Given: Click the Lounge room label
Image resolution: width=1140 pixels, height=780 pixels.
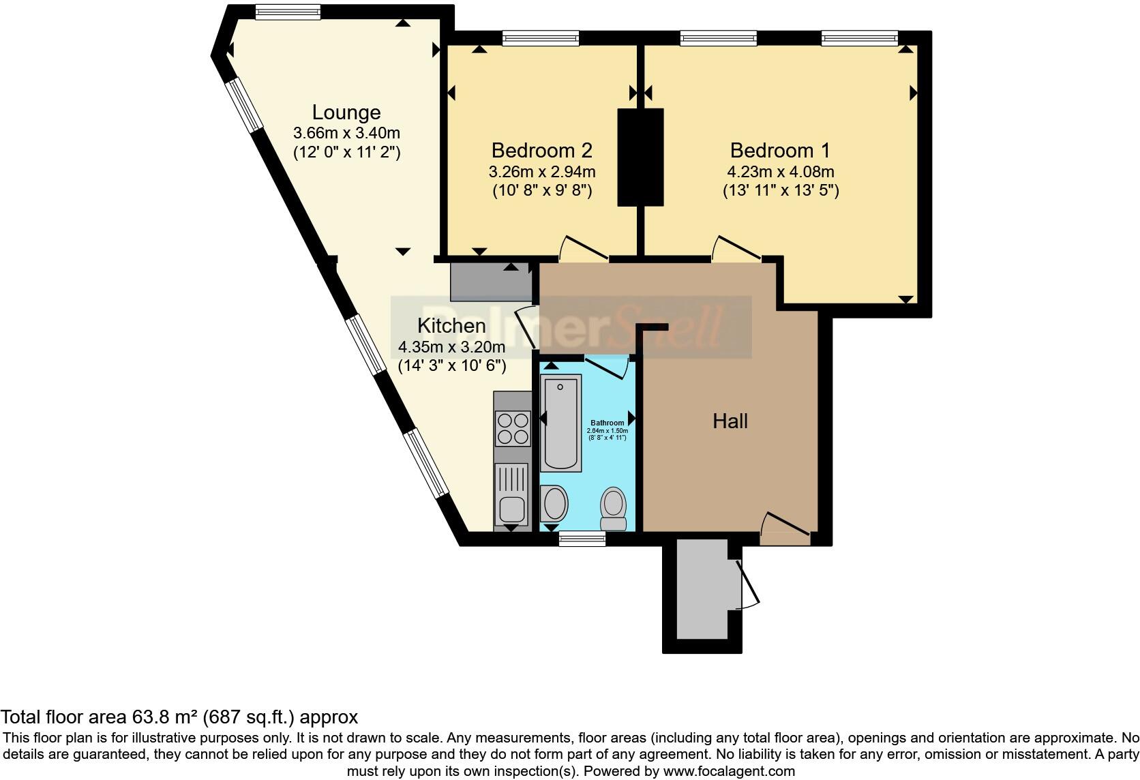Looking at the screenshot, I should [x=346, y=112].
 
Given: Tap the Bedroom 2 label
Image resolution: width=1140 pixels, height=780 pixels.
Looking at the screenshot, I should [x=541, y=150].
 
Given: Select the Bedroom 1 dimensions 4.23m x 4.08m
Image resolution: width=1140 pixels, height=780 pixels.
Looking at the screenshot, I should [x=781, y=172].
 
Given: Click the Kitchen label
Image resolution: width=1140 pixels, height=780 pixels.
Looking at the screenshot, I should [x=451, y=326].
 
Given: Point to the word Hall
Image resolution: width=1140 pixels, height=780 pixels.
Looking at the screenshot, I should [x=730, y=421].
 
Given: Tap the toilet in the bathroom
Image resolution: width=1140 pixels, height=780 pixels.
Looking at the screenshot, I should [x=614, y=508].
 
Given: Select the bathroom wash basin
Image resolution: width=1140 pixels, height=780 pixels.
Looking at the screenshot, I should [x=554, y=504].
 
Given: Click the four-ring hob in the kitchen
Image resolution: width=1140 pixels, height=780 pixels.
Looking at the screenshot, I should [x=513, y=428].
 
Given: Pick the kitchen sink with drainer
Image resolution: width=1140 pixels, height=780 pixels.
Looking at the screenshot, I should [x=512, y=494].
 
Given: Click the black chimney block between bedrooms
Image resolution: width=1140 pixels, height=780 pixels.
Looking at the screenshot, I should [x=640, y=157].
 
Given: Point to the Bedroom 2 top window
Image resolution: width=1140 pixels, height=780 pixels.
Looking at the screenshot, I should [x=540, y=38].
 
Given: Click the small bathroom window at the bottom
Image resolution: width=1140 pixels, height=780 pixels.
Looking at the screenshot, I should [x=582, y=539].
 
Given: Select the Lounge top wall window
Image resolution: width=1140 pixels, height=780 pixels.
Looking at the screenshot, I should [x=287, y=12].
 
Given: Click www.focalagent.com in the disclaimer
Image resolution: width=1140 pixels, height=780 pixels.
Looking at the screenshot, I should [x=728, y=772].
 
